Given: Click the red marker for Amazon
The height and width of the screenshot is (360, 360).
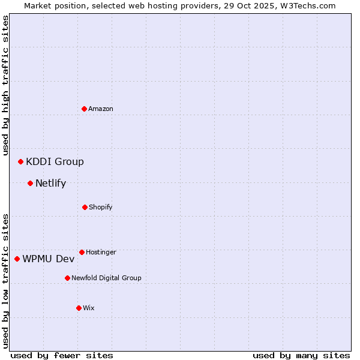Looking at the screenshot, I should pos(85,109).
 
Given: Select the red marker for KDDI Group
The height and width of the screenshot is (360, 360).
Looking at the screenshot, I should pos(21,161).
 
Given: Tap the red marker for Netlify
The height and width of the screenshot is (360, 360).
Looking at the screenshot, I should pos(31,183).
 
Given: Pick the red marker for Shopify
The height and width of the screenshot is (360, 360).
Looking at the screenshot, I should pos(85,207).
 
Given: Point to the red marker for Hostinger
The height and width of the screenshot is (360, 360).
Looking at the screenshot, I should pos(82,252).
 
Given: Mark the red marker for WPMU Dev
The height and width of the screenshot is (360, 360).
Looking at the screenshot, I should pos(17,259).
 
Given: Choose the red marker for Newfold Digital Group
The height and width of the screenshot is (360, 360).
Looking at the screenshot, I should pos(67,278).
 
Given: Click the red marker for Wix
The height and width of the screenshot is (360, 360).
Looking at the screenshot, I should pos(79,308).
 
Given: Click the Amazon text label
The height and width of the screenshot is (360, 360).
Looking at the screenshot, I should pos(101,109).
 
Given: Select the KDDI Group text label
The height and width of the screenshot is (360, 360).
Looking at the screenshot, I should pos(55,161).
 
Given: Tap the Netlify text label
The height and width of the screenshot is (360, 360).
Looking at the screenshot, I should pos(50,183).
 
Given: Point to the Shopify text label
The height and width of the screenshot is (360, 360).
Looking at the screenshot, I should pos(101,207).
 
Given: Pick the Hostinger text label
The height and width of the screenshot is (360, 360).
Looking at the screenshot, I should pos(101,252).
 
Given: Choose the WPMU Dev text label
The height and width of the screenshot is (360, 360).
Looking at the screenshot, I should pos(49,259).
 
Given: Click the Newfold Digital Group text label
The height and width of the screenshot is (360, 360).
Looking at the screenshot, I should pos(106,278).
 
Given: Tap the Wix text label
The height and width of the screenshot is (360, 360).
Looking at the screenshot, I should pos(89,308).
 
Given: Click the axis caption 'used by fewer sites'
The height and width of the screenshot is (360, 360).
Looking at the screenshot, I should pos(62,355).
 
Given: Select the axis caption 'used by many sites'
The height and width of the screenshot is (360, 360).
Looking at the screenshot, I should pos(301,355).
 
